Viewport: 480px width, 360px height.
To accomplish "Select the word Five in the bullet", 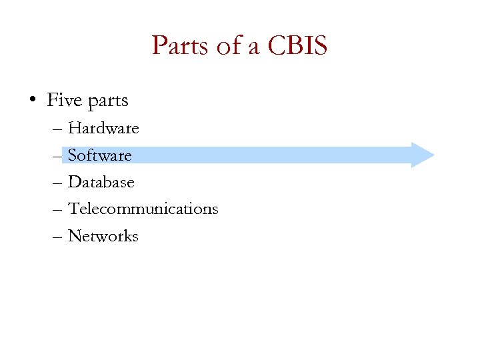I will (63, 101).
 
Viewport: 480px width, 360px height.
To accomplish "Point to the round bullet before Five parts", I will (32, 101).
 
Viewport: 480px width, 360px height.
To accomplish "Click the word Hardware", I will (103, 127).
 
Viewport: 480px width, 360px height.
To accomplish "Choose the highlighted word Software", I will (100, 155).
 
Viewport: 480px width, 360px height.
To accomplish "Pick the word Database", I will (101, 182).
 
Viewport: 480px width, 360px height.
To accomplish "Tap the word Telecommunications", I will (143, 209).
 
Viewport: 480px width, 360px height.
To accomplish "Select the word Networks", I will (103, 236).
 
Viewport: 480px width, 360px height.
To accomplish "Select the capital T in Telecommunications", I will (73, 209).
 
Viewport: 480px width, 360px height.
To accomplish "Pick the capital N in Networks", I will (75, 236).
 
